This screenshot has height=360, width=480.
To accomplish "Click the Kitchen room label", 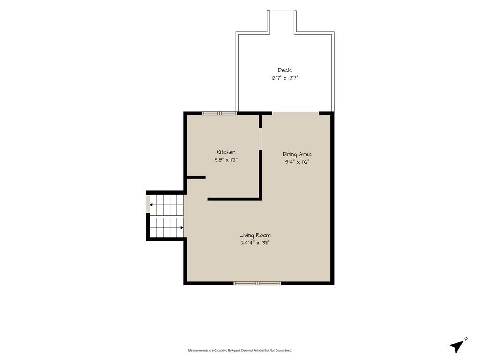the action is pos(226,152).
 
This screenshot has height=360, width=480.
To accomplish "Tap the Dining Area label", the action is pos(297,154).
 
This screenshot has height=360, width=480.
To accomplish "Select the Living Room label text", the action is pos(255,235).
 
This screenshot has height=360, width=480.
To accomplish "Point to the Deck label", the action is pos(285,70).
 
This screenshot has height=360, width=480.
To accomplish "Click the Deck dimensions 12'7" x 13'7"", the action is pos(285,78).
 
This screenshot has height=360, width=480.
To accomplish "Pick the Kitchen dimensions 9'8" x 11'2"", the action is pos(226,160).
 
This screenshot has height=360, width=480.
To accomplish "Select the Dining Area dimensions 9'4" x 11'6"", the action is pos(297,162).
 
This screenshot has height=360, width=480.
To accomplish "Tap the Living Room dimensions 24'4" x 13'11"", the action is pos(255,243).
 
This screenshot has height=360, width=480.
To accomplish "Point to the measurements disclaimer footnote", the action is pos(240,350).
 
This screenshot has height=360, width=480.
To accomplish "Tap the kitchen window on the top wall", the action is pos(219,113).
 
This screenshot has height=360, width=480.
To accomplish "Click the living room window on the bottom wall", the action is pos(257,284).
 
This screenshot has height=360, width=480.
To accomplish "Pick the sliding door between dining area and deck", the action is pos(296,113).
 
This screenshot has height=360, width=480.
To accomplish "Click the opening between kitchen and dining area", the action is pos(261,139).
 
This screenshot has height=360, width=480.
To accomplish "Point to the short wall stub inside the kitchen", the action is pos(196,177).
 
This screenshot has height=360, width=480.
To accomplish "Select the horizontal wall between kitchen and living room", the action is pos(234,199).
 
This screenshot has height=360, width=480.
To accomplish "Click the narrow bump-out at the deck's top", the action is pos(282,22).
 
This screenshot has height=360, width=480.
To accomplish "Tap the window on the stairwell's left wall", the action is pos(148,204).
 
